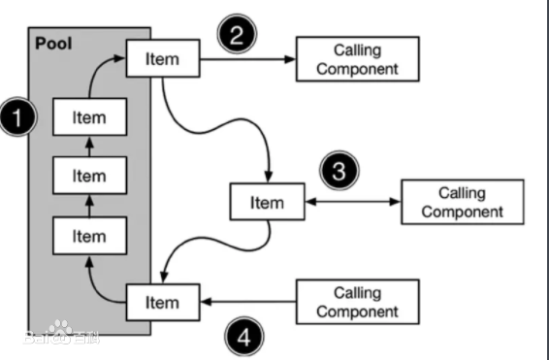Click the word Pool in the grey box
pyautogui.click(x=54, y=44)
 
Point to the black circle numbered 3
pyautogui.click(x=337, y=172)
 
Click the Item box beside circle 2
pyautogui.click(x=162, y=59)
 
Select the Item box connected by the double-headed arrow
pyautogui.click(x=267, y=202)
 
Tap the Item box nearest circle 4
pyautogui.click(x=162, y=302)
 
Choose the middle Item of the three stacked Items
pyautogui.click(x=89, y=176)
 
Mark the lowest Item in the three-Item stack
pyautogui.click(x=89, y=236)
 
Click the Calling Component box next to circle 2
pyautogui.click(x=359, y=60)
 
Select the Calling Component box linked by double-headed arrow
pyautogui.click(x=463, y=202)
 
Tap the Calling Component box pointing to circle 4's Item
pyautogui.click(x=359, y=302)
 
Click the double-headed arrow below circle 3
pyautogui.click(x=351, y=202)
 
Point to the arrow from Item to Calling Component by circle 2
pyautogui.click(x=246, y=60)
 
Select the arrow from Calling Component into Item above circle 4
pyautogui.click(x=246, y=302)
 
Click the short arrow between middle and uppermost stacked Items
pyautogui.click(x=89, y=147)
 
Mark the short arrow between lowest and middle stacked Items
pyautogui.click(x=89, y=206)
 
